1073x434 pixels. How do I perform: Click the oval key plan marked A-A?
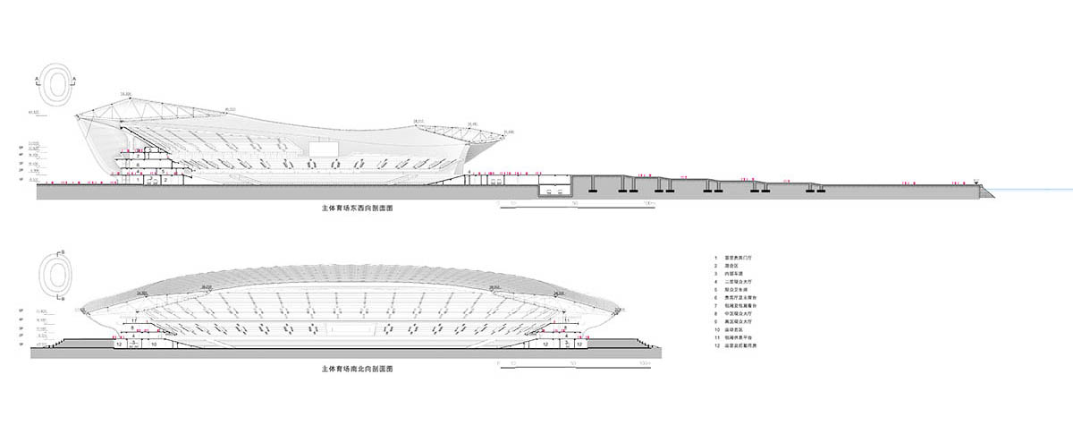pyautogui.click(x=57, y=83)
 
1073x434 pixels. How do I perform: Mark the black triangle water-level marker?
pyautogui.click(x=977, y=180)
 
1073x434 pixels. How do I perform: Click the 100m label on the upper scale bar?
pyautogui.click(x=649, y=204)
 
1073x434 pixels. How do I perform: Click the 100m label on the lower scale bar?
pyautogui.click(x=648, y=363)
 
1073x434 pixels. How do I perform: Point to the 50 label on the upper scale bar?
pyautogui.click(x=573, y=204)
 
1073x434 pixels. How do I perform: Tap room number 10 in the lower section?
pyautogui.click(x=154, y=344)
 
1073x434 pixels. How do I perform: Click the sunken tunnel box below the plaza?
pyautogui.click(x=555, y=190)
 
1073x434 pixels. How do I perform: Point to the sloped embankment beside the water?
pyautogui.click(x=984, y=191)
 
